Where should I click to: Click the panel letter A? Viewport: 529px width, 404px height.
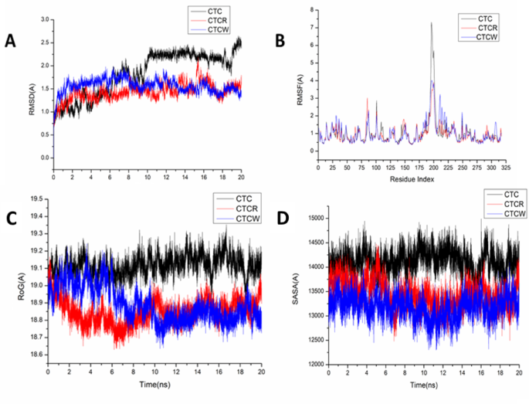click(x=11, y=42)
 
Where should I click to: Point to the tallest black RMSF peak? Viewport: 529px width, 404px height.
click(x=431, y=24)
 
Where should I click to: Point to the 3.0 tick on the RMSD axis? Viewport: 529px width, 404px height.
click(x=45, y=19)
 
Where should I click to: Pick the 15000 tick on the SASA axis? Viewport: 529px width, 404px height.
click(x=316, y=218)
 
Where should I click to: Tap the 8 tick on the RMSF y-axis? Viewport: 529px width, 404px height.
click(x=310, y=10)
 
